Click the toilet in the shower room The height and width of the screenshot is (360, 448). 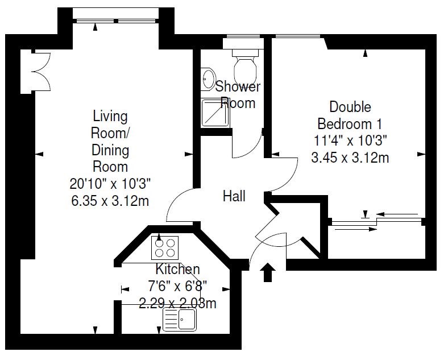(x=246, y=66)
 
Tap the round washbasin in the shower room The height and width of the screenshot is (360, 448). (x=208, y=79)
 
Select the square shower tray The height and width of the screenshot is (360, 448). (x=215, y=112)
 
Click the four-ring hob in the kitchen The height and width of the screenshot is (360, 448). (x=165, y=248)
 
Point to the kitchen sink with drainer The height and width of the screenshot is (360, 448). (x=180, y=319)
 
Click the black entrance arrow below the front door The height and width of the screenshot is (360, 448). (x=268, y=272)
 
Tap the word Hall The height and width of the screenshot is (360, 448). (x=234, y=196)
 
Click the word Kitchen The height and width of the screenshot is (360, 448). (x=177, y=269)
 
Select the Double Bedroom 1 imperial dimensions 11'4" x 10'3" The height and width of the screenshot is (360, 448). (x=350, y=140)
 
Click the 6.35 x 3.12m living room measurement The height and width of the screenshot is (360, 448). (x=110, y=201)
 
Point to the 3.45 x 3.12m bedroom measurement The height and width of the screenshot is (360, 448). (x=350, y=158)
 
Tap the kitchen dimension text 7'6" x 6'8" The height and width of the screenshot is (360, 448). (x=177, y=285)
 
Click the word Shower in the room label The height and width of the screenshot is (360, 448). (x=238, y=86)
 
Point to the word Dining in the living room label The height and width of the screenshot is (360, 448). (x=110, y=150)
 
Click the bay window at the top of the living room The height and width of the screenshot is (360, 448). (x=116, y=21)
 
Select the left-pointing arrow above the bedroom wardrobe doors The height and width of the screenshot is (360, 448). (x=397, y=214)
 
